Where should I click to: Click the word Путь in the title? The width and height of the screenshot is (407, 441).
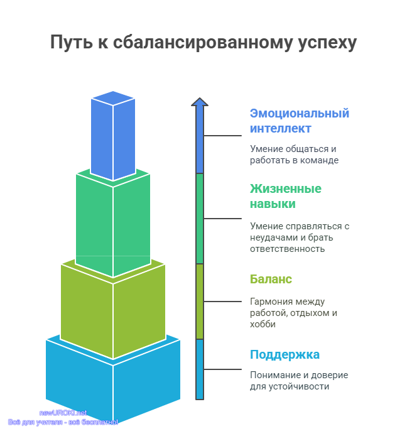(72, 42)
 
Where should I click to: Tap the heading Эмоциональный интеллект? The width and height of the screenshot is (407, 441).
(300, 121)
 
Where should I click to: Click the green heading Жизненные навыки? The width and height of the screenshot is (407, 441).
(286, 196)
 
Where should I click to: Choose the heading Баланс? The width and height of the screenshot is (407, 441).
(271, 279)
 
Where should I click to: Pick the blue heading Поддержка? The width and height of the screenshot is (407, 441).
(285, 355)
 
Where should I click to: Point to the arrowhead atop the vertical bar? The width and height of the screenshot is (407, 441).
(200, 102)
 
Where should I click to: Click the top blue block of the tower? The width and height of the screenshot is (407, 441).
(113, 136)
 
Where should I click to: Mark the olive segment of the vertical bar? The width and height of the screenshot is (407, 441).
(200, 302)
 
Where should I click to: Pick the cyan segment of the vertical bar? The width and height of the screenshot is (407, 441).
(200, 369)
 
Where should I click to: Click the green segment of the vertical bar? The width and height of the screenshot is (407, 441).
(200, 219)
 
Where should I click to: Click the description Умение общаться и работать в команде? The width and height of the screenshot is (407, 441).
(294, 155)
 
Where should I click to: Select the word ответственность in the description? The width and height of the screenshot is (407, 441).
(288, 249)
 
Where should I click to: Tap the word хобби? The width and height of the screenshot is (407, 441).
(263, 324)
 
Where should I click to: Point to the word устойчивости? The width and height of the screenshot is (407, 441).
(299, 387)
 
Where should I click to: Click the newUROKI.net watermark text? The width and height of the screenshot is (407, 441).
(63, 413)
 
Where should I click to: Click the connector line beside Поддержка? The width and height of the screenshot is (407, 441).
(222, 369)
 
